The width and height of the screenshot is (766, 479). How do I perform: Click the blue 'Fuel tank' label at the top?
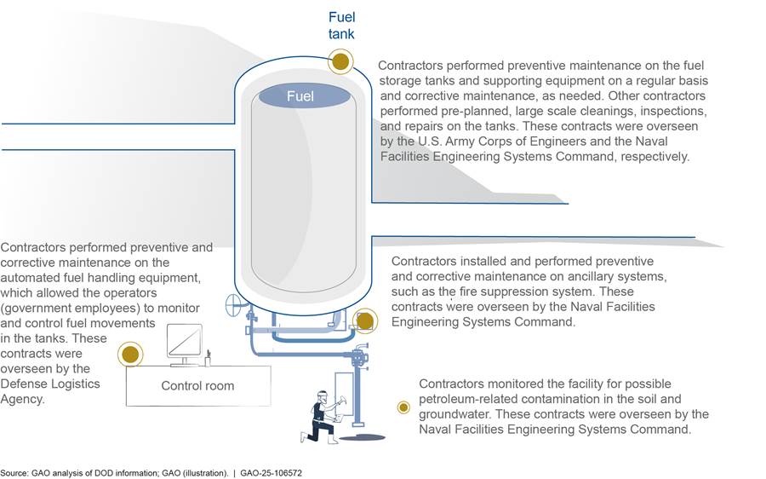click(342, 25)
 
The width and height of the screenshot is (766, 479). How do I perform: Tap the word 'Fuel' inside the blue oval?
click(300, 96)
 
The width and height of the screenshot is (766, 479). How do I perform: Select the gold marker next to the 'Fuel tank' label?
click(340, 61)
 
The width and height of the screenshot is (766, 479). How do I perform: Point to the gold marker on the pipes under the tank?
click(364, 320)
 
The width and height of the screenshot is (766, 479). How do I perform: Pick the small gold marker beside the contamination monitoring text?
click(403, 407)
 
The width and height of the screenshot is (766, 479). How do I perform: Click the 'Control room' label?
click(197, 386)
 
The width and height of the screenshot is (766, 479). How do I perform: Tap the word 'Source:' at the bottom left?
click(13, 471)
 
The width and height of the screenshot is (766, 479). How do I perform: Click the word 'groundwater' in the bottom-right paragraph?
click(454, 414)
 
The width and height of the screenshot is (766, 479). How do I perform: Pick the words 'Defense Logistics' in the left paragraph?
click(50, 384)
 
